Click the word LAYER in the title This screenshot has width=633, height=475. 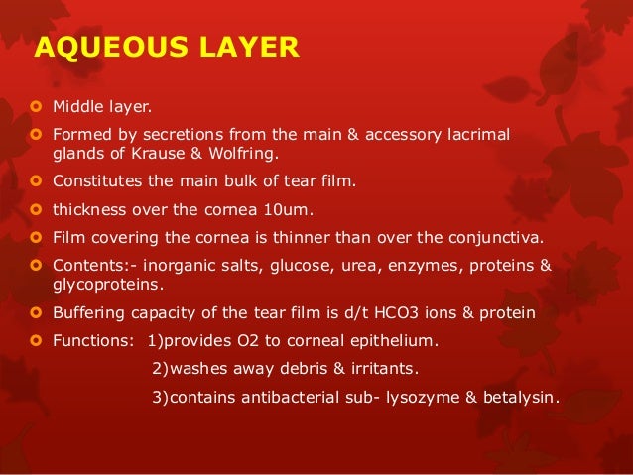242,47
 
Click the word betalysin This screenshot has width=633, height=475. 516,399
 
